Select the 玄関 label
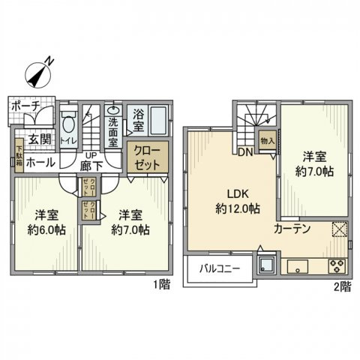click(39, 139)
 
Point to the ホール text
click(39, 161)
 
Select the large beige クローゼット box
click(147, 157)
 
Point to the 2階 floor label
click(341, 286)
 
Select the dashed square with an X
click(338, 230)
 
